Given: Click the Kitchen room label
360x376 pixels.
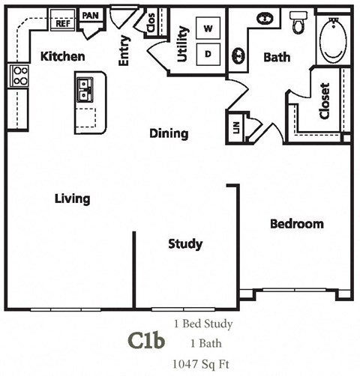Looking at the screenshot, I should coord(62,56).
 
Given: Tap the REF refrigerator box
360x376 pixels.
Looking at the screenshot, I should coord(62,23).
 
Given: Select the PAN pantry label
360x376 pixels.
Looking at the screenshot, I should coord(90,16).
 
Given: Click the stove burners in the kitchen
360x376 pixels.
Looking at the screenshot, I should coord(19,75).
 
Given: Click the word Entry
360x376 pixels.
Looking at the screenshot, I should coord(124,50).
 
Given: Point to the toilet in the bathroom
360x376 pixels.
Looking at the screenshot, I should coord(299,23).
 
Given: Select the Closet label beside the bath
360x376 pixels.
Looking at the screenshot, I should coord(324,100).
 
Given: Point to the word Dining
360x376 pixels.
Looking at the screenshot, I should coord(168,133).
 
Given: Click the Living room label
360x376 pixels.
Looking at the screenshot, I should coord(73,198).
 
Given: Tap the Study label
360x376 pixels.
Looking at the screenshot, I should coord(185,243).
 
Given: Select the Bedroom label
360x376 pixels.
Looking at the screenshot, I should coord(297,223).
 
